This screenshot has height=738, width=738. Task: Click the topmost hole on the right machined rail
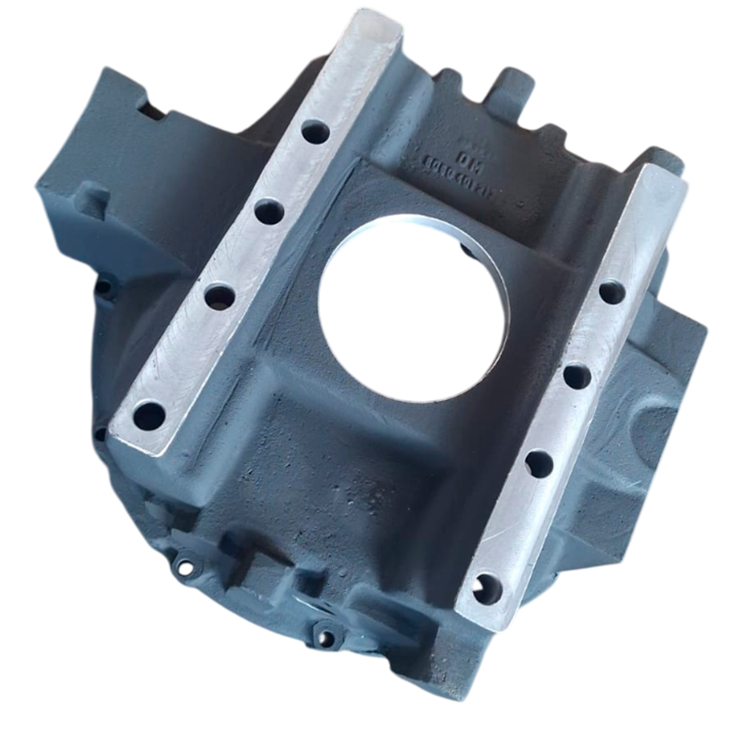tap(611, 293)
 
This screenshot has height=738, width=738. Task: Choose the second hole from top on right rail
tap(578, 375)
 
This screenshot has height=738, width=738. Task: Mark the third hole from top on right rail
tap(539, 462)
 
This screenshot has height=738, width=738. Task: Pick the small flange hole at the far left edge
tap(103, 285)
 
